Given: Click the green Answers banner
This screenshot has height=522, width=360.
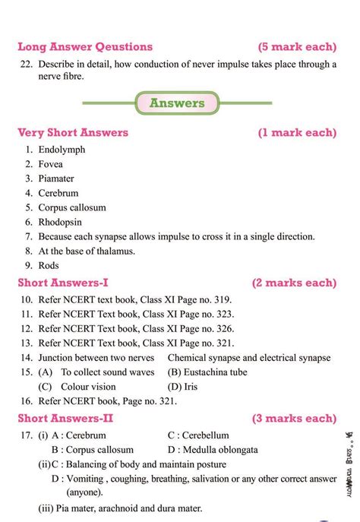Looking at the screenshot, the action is click(176, 103).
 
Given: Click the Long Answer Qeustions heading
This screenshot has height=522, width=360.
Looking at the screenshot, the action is click(84, 46).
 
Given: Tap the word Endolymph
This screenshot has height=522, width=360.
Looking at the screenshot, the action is click(62, 150).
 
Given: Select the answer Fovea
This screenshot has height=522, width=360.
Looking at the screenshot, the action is click(50, 164).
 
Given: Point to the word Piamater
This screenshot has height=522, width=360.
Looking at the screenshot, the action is click(56, 179).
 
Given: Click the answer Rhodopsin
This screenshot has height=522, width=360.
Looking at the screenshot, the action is click(61, 222).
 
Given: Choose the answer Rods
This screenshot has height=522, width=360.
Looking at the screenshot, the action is click(49, 266).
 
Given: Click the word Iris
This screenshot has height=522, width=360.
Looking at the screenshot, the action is click(191, 386).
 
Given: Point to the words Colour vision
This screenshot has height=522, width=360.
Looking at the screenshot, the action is click(88, 386).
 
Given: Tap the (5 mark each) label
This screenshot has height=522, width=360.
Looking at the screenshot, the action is click(296, 46).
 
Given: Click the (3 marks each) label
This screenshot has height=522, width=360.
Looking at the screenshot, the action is click(294, 419).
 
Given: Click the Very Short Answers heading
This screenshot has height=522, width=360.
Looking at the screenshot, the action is click(73, 133).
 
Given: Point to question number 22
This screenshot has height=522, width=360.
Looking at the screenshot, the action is click(24, 65).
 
